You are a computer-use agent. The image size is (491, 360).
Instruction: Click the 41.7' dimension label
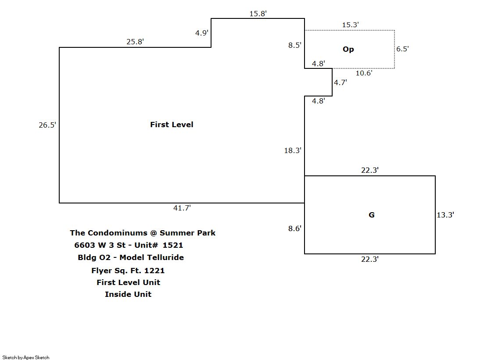point(182,208)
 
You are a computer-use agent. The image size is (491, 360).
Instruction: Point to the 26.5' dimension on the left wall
point(47,125)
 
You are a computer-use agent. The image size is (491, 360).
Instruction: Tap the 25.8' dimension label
point(135,42)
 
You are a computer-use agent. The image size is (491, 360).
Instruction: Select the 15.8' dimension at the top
point(258,14)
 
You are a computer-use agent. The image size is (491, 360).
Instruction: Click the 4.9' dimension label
point(201,33)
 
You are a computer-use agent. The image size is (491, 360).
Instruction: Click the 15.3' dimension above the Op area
point(350,25)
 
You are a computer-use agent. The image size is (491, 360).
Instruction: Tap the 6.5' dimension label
point(402,49)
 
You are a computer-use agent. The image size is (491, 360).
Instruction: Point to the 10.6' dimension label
point(364,73)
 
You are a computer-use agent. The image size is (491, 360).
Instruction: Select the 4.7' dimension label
point(340,82)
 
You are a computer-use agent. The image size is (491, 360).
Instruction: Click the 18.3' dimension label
point(293,150)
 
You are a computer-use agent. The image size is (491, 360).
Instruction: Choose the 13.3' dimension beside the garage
point(445,215)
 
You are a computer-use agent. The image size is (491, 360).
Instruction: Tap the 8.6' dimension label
point(295,228)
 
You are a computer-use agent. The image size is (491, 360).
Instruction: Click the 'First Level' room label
point(172,125)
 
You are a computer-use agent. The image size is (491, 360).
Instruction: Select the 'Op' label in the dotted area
point(348,49)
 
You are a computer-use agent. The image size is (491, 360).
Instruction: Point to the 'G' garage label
point(371,215)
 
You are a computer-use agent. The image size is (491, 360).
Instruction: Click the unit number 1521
point(172,245)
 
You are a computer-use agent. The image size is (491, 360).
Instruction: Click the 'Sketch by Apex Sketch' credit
point(26,357)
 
